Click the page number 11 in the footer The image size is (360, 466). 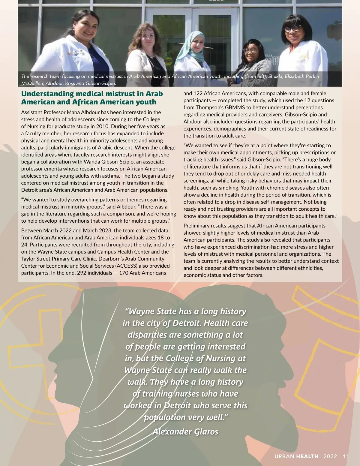tap(346, 456)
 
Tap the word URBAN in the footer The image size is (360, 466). tap(284, 456)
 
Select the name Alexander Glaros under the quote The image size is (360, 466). tap(185, 431)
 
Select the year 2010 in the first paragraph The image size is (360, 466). tap(103, 126)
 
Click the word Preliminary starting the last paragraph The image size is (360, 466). tap(197, 226)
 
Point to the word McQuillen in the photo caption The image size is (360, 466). tap(32, 83)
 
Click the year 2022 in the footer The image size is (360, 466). tap(330, 456)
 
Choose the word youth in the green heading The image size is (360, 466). tap(145, 102)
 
